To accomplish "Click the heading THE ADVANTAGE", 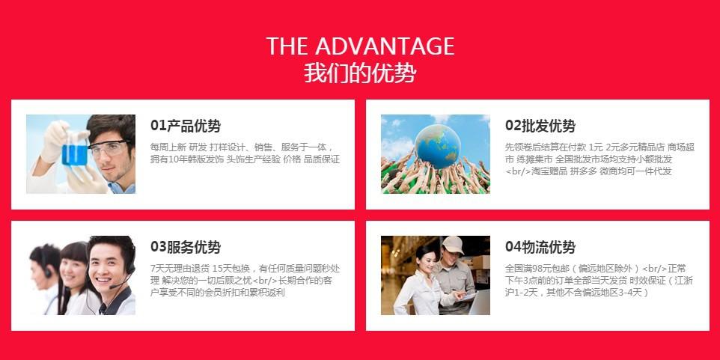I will click(x=360, y=46).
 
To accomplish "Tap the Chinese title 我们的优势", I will click(x=360, y=73).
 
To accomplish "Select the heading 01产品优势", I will click(x=186, y=126).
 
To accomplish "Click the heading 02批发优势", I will click(x=540, y=126).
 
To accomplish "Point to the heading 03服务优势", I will click(x=186, y=247).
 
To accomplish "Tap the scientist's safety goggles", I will click(x=109, y=148).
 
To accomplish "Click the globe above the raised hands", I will click(x=438, y=145).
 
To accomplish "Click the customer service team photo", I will click(x=81, y=275).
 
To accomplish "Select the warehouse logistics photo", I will click(x=435, y=275).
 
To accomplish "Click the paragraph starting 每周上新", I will click(x=245, y=153).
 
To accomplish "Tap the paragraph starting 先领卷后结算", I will click(x=600, y=159).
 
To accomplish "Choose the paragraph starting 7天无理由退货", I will click(x=245, y=280).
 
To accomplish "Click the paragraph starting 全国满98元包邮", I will click(x=600, y=280).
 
